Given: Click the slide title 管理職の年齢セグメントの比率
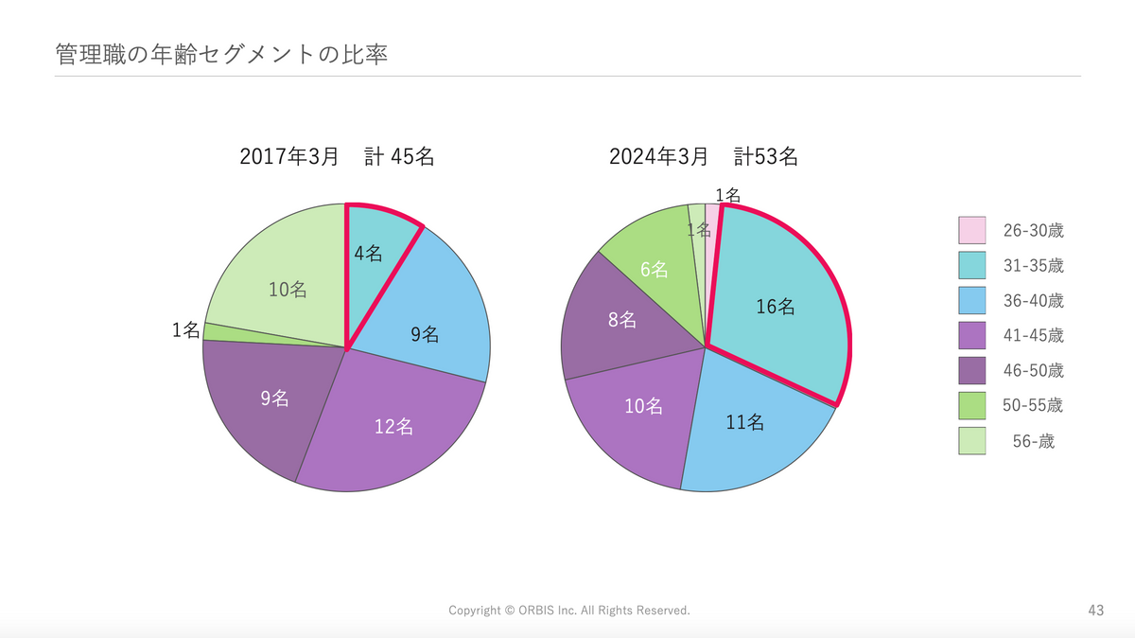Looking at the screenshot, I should (x=222, y=54).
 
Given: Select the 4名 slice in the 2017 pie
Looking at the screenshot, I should (x=375, y=260).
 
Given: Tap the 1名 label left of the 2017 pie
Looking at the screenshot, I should (x=186, y=330).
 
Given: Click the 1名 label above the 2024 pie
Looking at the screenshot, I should (x=727, y=195).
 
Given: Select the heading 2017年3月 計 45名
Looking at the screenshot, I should (x=337, y=157).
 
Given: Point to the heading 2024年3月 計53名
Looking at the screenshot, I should (x=704, y=157).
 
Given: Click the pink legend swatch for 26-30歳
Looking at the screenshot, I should (x=971, y=230).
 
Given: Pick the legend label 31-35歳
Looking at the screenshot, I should (x=1033, y=265).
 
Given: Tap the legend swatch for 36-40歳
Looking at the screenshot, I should (x=971, y=301).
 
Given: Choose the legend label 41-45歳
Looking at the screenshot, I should (x=1033, y=336).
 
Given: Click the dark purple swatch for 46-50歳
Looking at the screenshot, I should (x=971, y=371).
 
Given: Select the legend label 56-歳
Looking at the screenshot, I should (x=1033, y=441).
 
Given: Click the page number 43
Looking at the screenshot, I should (x=1096, y=611).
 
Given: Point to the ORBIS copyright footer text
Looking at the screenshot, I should (x=569, y=611).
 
